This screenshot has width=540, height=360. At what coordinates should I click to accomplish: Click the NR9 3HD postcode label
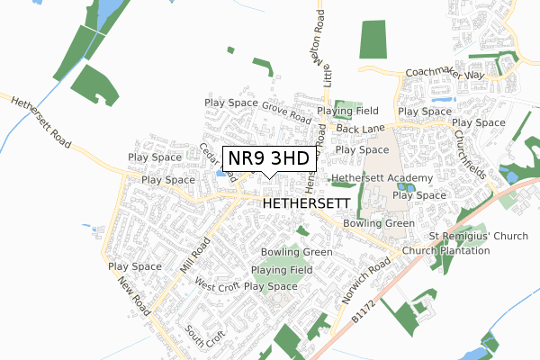coord(269,158)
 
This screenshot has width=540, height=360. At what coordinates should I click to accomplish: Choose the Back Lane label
coord(360,130)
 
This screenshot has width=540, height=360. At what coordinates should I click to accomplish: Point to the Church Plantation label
coord(445,250)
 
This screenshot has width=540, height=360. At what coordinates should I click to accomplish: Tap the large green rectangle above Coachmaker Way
coord(373,40)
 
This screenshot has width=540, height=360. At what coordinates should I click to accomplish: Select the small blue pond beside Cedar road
coord(221,174)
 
